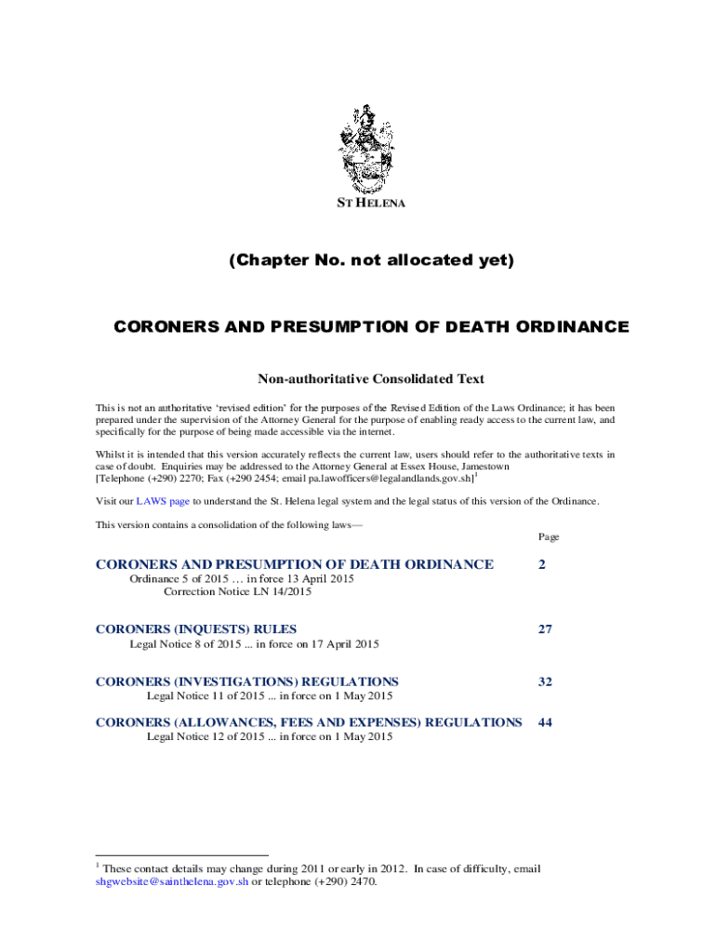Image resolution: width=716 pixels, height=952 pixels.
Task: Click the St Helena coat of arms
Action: [370, 148]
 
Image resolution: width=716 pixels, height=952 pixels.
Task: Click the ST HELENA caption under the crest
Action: [370, 203]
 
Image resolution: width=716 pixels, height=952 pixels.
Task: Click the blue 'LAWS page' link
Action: [163, 501]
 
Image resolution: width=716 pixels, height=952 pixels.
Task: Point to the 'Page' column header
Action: [548, 537]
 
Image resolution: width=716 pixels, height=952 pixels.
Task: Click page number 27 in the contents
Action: [544, 629]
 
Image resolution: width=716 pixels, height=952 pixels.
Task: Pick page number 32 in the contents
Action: [544, 681]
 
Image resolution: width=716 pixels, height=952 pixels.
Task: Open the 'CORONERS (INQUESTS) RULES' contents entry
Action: [196, 629]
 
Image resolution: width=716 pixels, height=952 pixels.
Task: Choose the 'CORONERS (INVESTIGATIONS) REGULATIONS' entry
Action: [247, 681]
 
